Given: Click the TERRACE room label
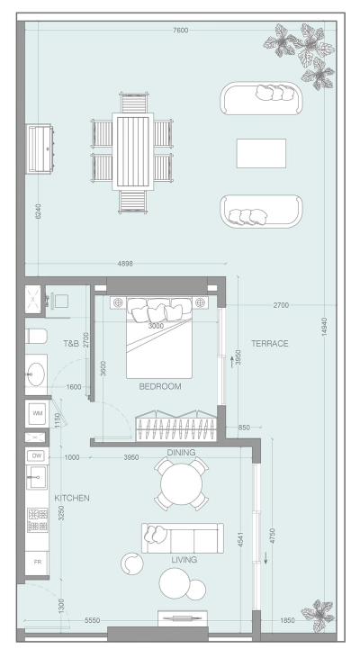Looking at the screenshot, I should pos(269,344).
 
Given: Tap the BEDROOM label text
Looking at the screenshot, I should pos(160,386).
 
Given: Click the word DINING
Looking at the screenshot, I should pos(181,453).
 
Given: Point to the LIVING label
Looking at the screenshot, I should pos(184,560).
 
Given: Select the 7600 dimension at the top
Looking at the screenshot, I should pos(180,31).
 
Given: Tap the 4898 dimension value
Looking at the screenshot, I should pos(125,264).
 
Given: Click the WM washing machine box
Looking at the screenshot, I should pos(37,412).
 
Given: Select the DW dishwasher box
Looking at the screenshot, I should pos(37,456).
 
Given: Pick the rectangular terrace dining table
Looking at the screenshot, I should pos(132,150).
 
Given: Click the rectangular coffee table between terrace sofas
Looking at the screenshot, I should pos(261,153).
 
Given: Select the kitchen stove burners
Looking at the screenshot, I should pos(37,520).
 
